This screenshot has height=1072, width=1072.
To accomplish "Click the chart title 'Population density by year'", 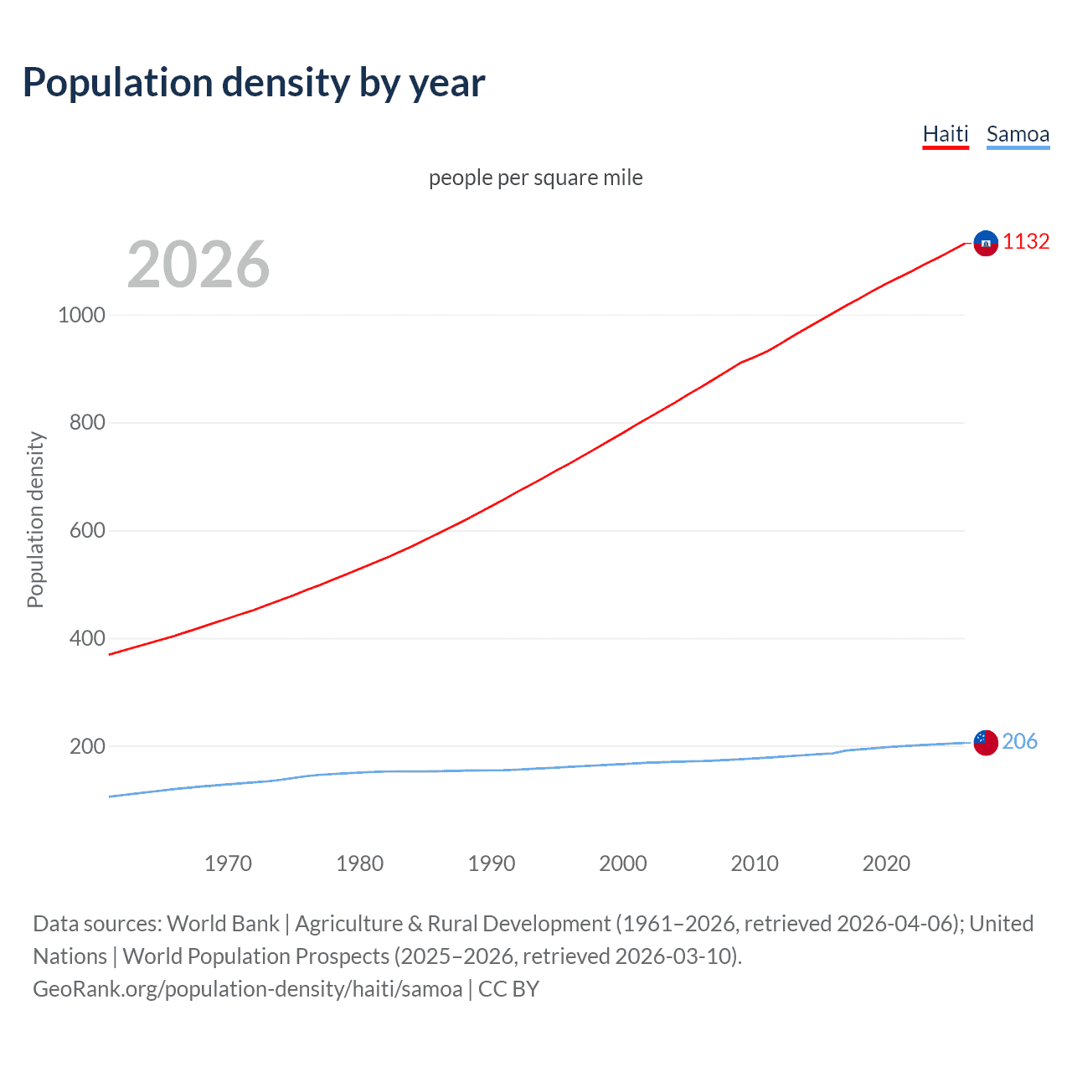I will coord(254,83).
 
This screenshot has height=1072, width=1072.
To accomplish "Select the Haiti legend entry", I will coord(946,134).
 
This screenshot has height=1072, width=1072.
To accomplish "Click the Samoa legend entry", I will coord(1018,134).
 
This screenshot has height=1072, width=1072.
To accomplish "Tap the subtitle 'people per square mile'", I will coord(535,178).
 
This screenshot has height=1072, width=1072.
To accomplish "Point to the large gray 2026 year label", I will coord(198,265).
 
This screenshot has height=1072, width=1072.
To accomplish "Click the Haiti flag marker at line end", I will coord(986,243).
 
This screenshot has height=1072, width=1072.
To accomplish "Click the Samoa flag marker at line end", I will coord(986,742).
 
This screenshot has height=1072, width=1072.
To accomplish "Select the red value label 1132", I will coord(1026,241).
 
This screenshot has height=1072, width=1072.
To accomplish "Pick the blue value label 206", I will coord(1019,741).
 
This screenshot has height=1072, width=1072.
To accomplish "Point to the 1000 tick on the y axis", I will coord(81,315).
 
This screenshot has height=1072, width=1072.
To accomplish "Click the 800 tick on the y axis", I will coord(87,423).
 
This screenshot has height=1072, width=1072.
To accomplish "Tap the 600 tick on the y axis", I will coord(87,530).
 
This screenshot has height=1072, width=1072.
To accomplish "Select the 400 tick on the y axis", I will coord(87,638).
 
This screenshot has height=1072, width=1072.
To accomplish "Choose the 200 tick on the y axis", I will coord(87,746).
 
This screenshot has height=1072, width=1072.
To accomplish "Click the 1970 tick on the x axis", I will coord(228,863).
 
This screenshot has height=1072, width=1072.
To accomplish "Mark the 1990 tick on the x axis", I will coord(492,863).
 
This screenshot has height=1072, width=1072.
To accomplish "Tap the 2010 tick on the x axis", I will coord(755,863).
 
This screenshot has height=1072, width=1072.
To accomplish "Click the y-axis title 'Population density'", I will coord(35,519).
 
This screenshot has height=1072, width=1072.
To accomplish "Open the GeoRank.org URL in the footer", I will coord(247,989).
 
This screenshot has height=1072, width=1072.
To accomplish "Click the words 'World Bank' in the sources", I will coord(223,924).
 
